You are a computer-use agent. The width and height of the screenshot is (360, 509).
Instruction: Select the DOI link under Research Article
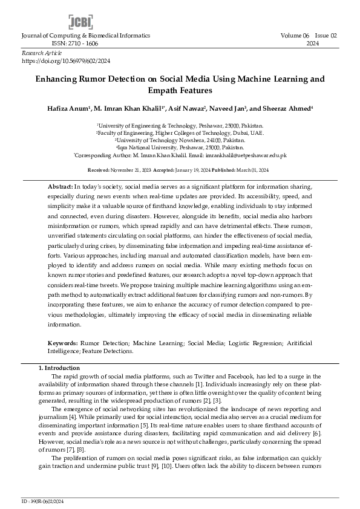click(66, 61)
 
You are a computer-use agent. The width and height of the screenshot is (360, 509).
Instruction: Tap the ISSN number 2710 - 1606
click(76, 44)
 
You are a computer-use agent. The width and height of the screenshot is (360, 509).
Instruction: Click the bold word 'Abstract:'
click(61, 187)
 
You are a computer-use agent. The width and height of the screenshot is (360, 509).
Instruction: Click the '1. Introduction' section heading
click(60, 368)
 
